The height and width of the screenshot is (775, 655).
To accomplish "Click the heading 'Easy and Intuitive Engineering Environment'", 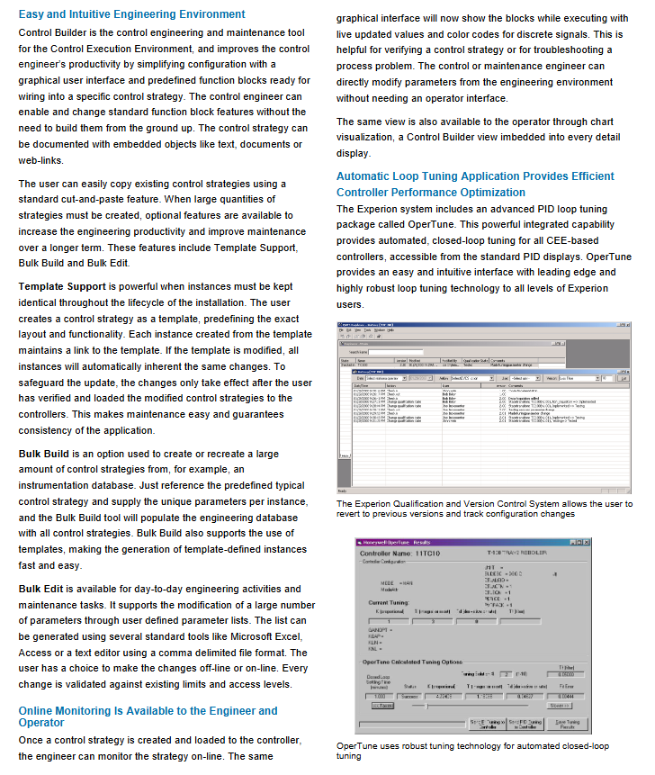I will point(131,14).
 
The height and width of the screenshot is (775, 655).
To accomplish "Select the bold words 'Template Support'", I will point(62,285).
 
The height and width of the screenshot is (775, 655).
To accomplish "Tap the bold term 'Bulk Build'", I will point(44,454).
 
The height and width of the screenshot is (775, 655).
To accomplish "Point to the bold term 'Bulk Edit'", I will point(41,589).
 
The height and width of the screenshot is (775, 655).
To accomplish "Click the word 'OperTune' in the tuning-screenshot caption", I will point(358,746).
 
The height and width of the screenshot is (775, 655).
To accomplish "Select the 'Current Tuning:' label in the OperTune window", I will point(390,602).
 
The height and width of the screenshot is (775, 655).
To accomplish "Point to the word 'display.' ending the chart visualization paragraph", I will point(353,154).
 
